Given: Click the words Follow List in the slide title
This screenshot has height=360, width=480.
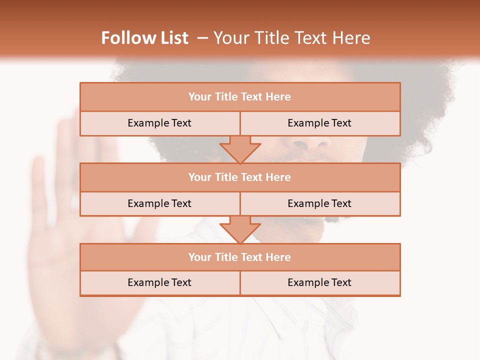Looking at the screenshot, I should pyautogui.click(x=144, y=38).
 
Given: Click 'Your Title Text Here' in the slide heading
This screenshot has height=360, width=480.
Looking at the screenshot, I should pyautogui.click(x=292, y=38).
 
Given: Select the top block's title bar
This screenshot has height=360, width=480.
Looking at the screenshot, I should pyautogui.click(x=240, y=97).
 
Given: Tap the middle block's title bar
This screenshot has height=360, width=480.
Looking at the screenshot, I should pyautogui.click(x=240, y=177).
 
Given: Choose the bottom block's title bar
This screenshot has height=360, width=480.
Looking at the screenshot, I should pyautogui.click(x=240, y=257).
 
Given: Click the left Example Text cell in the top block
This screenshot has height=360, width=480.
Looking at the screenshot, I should pyautogui.click(x=159, y=123).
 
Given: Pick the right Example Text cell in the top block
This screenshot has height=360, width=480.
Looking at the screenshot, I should pyautogui.click(x=319, y=123).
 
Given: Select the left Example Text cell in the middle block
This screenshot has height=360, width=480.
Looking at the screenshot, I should pyautogui.click(x=159, y=203).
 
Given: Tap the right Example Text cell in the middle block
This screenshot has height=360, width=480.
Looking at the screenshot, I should pyautogui.click(x=319, y=203).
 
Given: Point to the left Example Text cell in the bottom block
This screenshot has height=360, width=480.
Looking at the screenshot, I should pyautogui.click(x=159, y=282).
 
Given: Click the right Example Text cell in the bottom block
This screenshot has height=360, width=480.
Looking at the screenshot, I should pyautogui.click(x=319, y=282).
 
